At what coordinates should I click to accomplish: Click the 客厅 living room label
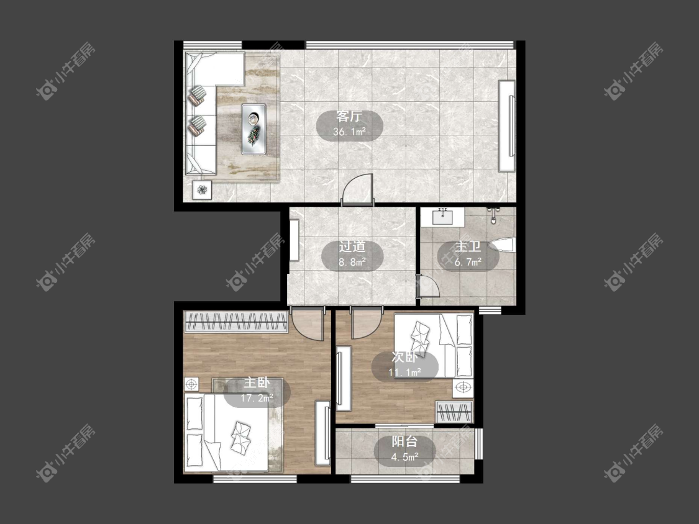click(349, 117)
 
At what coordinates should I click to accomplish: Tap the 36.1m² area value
click(349, 132)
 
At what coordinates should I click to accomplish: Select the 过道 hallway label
click(352, 246)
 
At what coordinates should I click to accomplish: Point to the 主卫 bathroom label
click(468, 246)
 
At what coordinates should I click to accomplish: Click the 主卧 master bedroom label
click(257, 382)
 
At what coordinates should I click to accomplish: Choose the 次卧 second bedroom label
click(404, 357)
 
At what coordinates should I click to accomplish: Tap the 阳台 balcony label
click(404, 441)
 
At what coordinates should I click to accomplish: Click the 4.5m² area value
click(404, 457)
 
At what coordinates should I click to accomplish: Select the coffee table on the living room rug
click(254, 129)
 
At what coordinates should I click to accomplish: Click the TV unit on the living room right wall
click(507, 125)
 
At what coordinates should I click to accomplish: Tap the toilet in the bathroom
click(502, 246)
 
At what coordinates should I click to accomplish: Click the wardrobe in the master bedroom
click(236, 321)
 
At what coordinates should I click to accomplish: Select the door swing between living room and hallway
click(357, 189)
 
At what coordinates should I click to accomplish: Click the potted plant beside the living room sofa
click(203, 190)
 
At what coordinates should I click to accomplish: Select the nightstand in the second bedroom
click(464, 388)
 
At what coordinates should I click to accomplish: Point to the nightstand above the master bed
click(192, 384)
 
